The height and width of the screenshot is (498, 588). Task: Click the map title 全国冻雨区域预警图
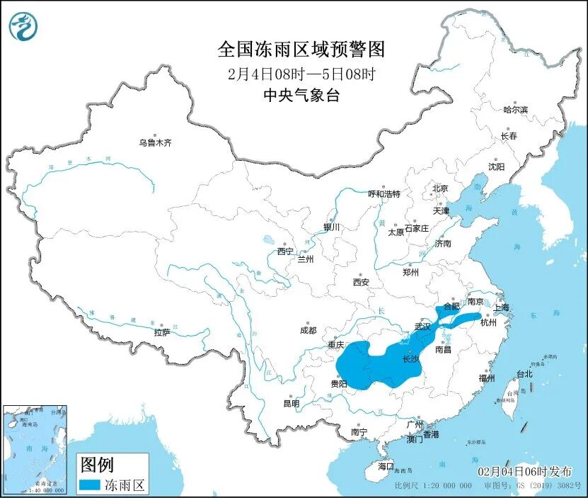pos(301,50)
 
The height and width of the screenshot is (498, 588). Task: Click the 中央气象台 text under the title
pos(301,96)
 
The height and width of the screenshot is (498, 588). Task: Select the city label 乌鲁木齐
pos(155,143)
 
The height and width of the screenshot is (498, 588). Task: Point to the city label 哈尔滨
pos(515,110)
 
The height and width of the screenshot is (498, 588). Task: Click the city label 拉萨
pos(161,332)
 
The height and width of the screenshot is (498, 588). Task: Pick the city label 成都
pos(308,330)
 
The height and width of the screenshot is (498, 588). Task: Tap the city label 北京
pos(440,188)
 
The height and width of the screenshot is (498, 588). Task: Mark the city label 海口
pos(385,467)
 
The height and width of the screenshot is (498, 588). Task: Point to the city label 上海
pos(501,307)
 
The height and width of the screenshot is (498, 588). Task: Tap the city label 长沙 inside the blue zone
pos(410,359)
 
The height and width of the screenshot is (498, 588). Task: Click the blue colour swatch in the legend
pos(88,485)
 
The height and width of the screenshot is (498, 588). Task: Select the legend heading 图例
pos(97,465)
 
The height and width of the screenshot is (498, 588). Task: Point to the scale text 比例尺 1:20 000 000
pos(433,487)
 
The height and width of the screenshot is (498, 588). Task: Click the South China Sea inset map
pos(35,449)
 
